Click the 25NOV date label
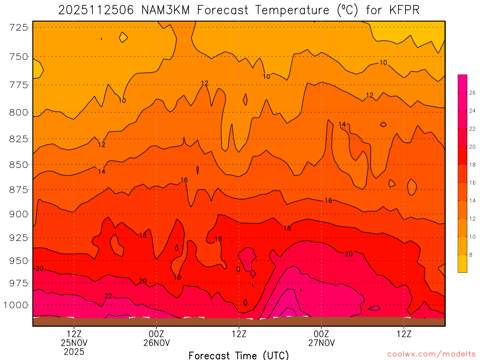(74, 343)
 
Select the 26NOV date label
(157, 343)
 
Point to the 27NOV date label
(322, 343)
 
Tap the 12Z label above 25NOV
(74, 334)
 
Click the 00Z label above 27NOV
(322, 334)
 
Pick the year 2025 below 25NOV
(74, 352)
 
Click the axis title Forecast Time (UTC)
(239, 355)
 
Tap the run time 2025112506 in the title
(96, 10)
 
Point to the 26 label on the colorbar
(472, 93)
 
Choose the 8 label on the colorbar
(470, 254)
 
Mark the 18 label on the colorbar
(472, 165)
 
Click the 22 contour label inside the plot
(108, 296)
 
